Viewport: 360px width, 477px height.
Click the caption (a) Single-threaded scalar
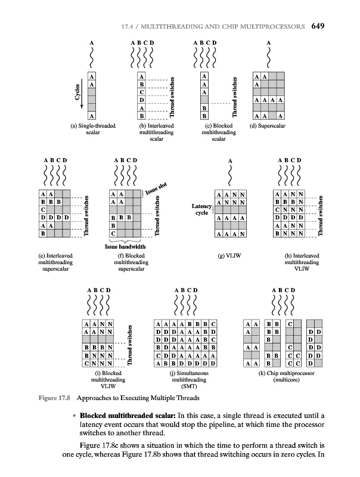tap(92, 130)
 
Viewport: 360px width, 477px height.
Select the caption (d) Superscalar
tap(268, 126)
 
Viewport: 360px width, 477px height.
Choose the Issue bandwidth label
tap(125, 245)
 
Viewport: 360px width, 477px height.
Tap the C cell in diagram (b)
tap(141, 92)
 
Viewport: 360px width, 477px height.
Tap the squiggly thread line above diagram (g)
tap(230, 176)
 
